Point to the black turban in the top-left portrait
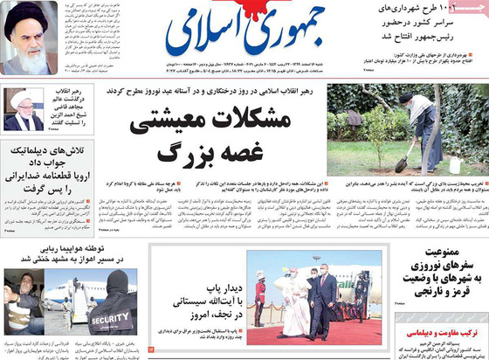pyautogui.click(x=28, y=17)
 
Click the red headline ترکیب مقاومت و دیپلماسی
pyautogui.click(x=437, y=333)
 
